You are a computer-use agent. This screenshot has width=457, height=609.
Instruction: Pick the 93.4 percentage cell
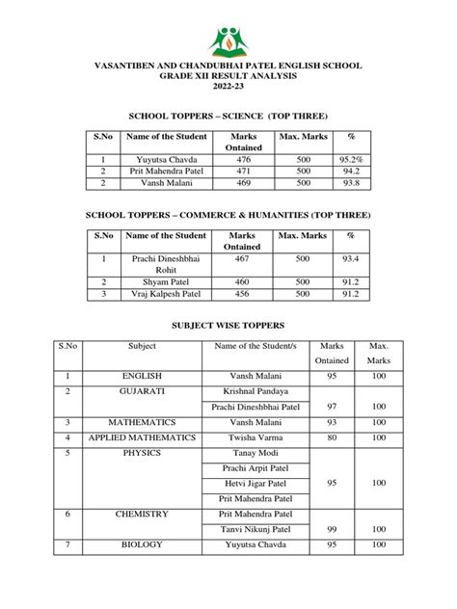click(351, 257)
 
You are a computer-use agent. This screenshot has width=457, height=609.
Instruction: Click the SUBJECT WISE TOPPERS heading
click(228, 326)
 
